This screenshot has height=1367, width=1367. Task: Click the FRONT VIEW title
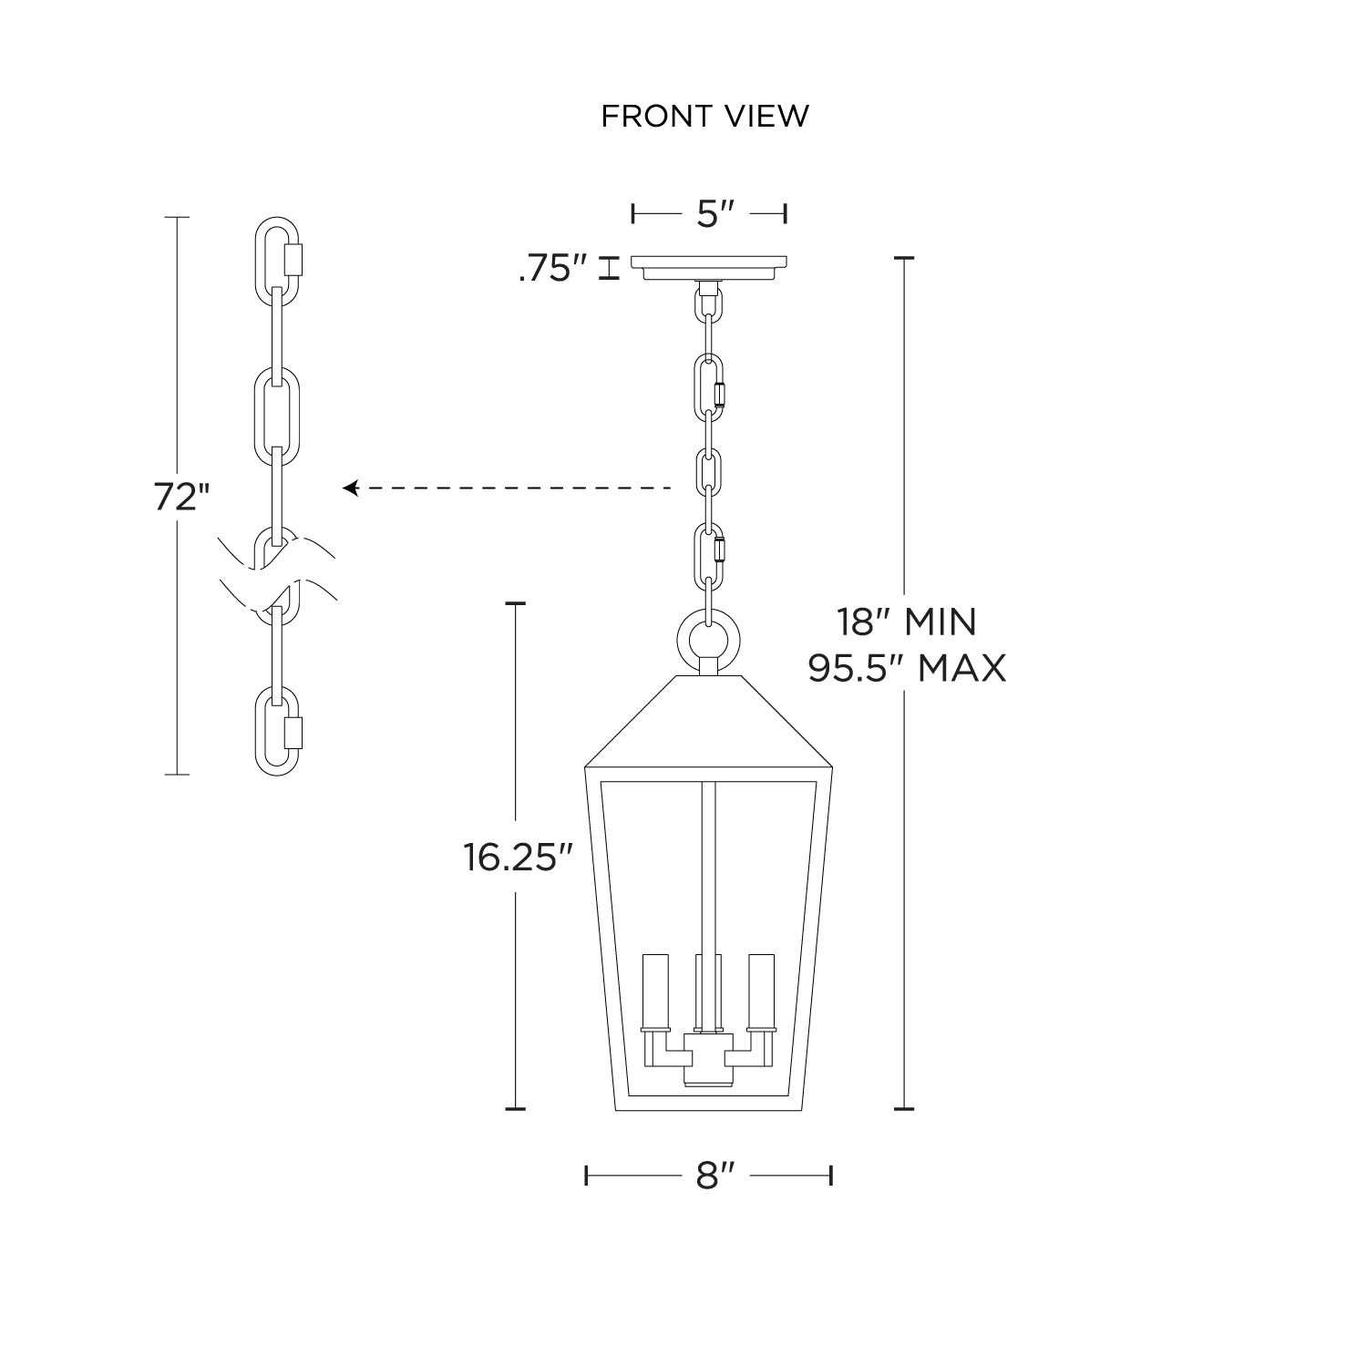point(704,116)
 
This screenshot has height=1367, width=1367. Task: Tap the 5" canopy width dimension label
point(709,214)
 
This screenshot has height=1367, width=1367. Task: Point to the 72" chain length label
point(181,497)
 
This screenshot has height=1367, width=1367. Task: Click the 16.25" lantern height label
point(518,857)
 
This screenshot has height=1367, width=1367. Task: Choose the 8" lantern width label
point(709,1176)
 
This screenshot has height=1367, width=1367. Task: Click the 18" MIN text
point(907,622)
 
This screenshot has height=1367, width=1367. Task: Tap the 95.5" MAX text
point(908,669)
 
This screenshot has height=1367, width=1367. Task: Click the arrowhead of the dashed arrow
point(349,488)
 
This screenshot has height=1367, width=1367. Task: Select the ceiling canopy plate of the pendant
point(709,269)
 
